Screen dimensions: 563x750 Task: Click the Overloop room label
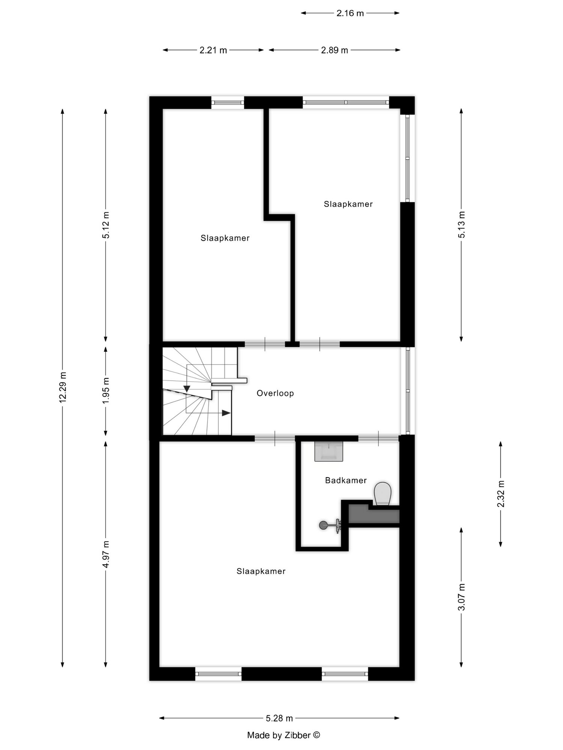click(x=275, y=393)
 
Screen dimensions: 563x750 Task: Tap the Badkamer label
click(x=346, y=480)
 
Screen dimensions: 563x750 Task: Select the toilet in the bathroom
click(x=382, y=493)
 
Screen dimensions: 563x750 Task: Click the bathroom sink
click(x=329, y=451)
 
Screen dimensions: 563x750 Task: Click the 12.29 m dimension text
click(x=63, y=388)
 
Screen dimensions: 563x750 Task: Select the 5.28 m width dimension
click(x=279, y=718)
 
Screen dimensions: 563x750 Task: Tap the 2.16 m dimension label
click(x=350, y=13)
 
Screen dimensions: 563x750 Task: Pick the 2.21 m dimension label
click(x=213, y=50)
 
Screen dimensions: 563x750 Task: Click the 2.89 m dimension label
click(x=334, y=50)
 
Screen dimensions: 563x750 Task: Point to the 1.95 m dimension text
click(x=106, y=390)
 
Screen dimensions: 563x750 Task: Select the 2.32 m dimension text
click(x=501, y=493)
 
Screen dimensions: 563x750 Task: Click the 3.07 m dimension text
click(x=462, y=597)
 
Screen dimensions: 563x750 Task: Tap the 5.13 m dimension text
click(x=462, y=225)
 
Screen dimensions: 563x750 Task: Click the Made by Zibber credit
click(x=283, y=735)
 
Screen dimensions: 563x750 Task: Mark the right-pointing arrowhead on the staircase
click(x=226, y=413)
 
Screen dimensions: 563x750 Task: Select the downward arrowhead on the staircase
click(x=187, y=388)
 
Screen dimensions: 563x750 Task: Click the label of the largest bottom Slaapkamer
click(x=261, y=571)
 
